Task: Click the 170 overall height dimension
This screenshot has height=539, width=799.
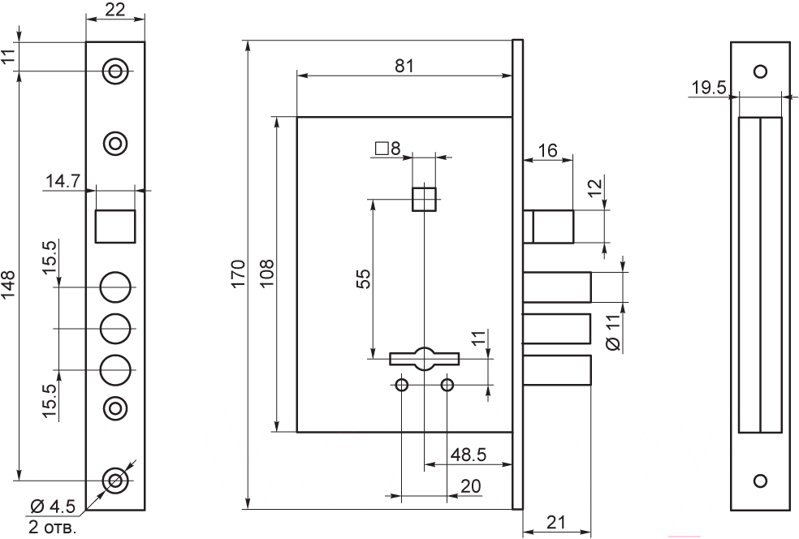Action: [x=238, y=274]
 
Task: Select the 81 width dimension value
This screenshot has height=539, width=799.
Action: [x=404, y=67]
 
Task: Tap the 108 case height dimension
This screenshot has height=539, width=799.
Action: [x=266, y=274]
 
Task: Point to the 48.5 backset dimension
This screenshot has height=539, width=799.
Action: [x=469, y=454]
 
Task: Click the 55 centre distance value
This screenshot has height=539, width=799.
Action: [x=363, y=279]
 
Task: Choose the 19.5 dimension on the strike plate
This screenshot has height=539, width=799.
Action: [x=708, y=88]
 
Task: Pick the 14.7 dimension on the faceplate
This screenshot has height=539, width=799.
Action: [x=63, y=181]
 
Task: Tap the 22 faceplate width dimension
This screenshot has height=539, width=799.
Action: [x=115, y=9]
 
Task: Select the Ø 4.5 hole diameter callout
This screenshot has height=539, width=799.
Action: [x=53, y=507]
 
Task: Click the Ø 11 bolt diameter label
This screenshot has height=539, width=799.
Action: [x=615, y=332]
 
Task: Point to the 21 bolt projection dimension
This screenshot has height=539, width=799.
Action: [x=556, y=522]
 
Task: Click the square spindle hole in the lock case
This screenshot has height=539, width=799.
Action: [x=424, y=199]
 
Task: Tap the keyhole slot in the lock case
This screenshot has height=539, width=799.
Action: [x=425, y=359]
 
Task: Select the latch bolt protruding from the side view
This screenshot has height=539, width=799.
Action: [x=548, y=226]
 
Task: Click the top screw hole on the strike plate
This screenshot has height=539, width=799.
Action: [x=760, y=71]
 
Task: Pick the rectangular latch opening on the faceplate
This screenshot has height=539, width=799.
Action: [x=115, y=226]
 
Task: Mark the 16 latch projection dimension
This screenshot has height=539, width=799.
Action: [x=548, y=151]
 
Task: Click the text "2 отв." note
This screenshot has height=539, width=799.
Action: [x=53, y=527]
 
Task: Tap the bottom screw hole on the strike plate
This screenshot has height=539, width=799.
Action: [x=760, y=481]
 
